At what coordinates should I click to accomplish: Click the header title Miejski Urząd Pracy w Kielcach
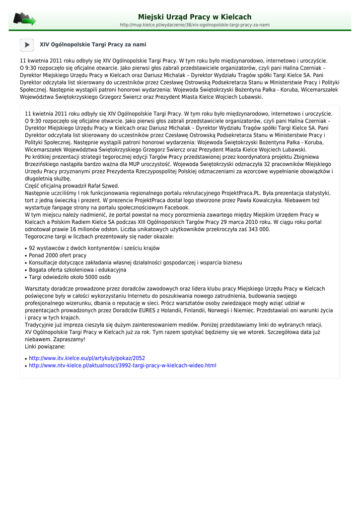(x=195, y=17)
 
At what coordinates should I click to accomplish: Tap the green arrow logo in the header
(x=24, y=20)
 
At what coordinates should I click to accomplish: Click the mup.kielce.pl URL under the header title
(x=195, y=25)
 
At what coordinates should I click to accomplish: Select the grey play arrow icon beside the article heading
(x=27, y=45)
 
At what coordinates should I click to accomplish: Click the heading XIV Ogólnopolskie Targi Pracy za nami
(x=93, y=45)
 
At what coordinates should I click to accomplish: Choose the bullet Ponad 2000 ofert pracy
(x=58, y=255)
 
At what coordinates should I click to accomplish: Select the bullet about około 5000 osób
(x=70, y=277)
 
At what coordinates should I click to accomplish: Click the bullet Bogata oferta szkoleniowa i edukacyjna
(x=77, y=270)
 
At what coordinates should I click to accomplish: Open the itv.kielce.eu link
(x=87, y=358)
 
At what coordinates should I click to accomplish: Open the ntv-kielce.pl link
(x=122, y=366)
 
